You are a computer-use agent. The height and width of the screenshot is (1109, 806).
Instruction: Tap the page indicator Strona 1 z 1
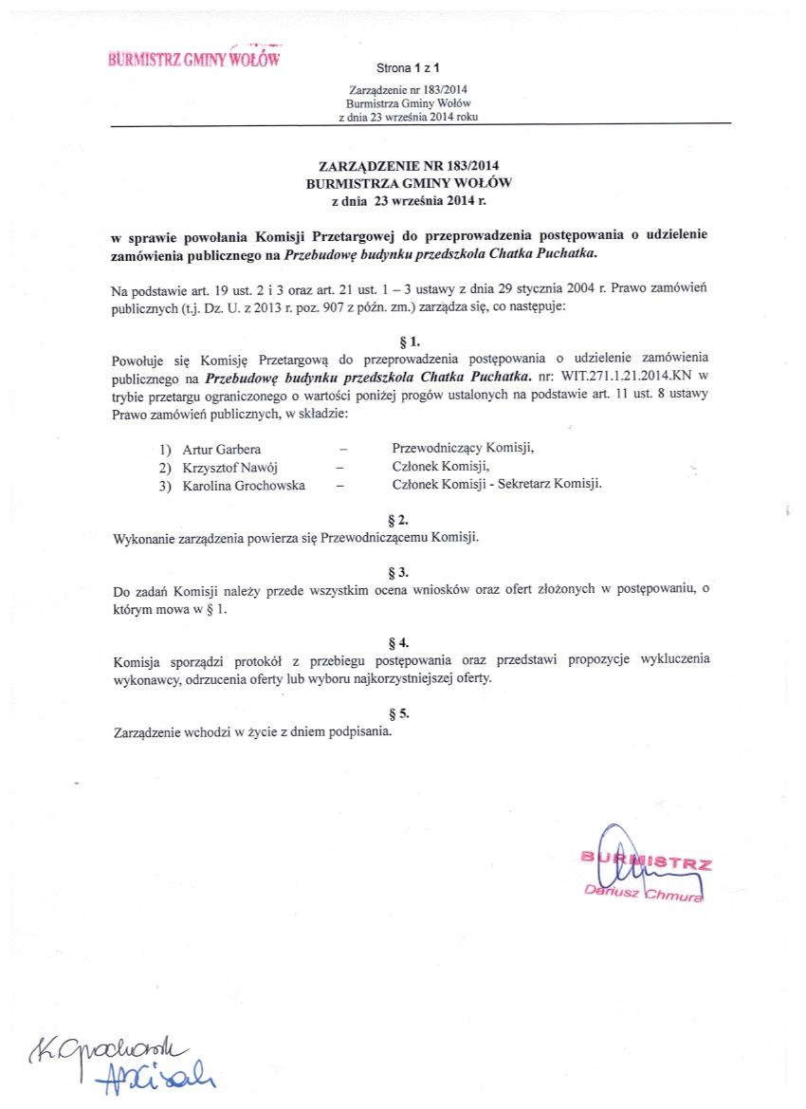(x=408, y=68)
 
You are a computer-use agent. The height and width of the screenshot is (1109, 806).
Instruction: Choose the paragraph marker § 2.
(x=398, y=520)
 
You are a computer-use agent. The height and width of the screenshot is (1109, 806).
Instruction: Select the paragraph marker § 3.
(x=398, y=572)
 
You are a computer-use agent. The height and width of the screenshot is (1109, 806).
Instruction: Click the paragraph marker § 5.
(x=398, y=713)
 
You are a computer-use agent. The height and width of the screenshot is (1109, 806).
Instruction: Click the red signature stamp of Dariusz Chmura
(x=645, y=868)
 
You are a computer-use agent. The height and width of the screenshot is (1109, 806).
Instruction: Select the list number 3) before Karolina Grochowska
(x=165, y=485)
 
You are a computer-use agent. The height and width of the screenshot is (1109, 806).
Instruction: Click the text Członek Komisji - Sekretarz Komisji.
(x=497, y=484)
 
